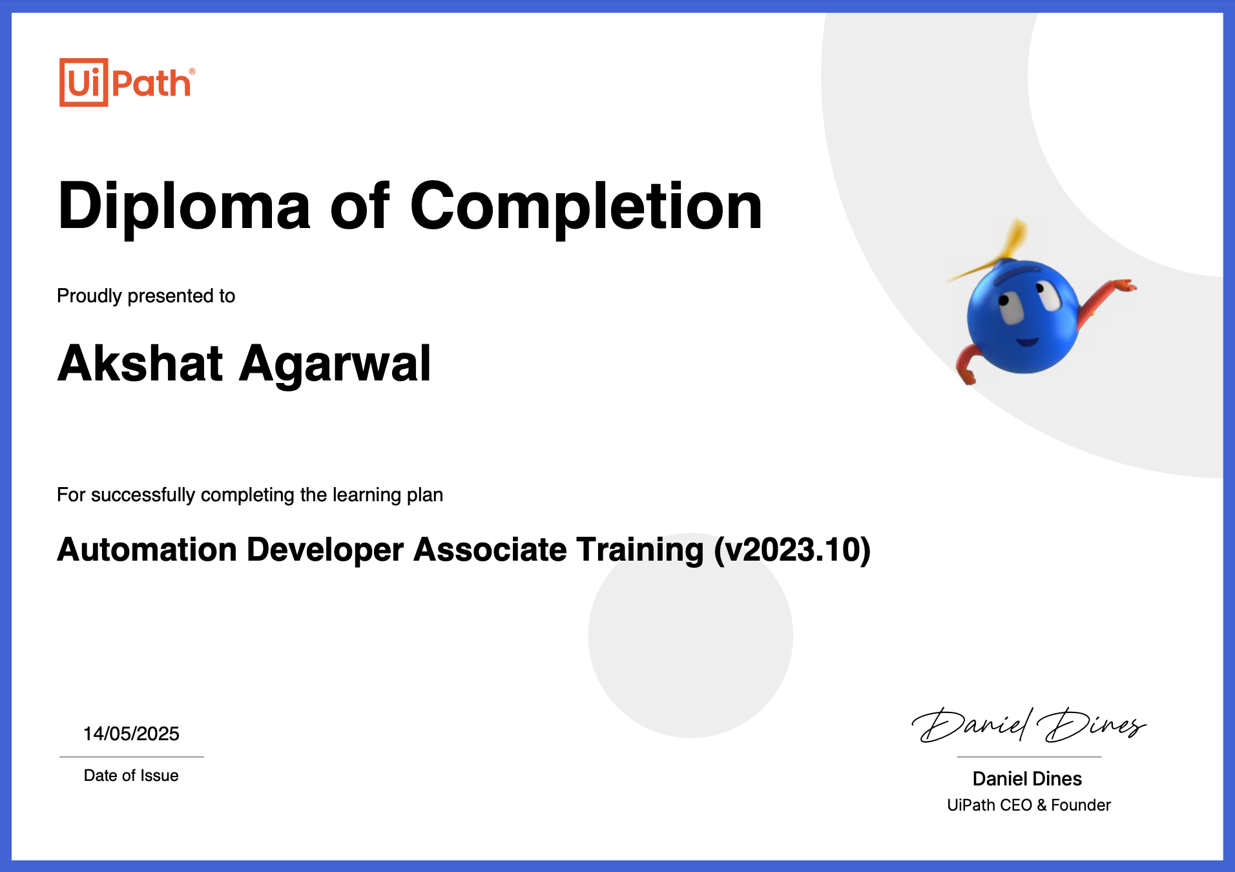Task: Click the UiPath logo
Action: click(127, 83)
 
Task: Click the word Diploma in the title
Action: click(184, 207)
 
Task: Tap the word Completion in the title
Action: click(586, 207)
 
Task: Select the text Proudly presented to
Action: click(146, 296)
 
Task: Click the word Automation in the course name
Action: click(147, 550)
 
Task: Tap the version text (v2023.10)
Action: click(792, 550)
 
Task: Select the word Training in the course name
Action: click(639, 550)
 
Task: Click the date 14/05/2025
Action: click(131, 734)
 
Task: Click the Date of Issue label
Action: click(131, 776)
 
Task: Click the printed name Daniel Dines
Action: click(1027, 779)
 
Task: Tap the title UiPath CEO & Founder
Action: click(1028, 805)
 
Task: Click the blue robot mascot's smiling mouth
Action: click(1027, 341)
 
